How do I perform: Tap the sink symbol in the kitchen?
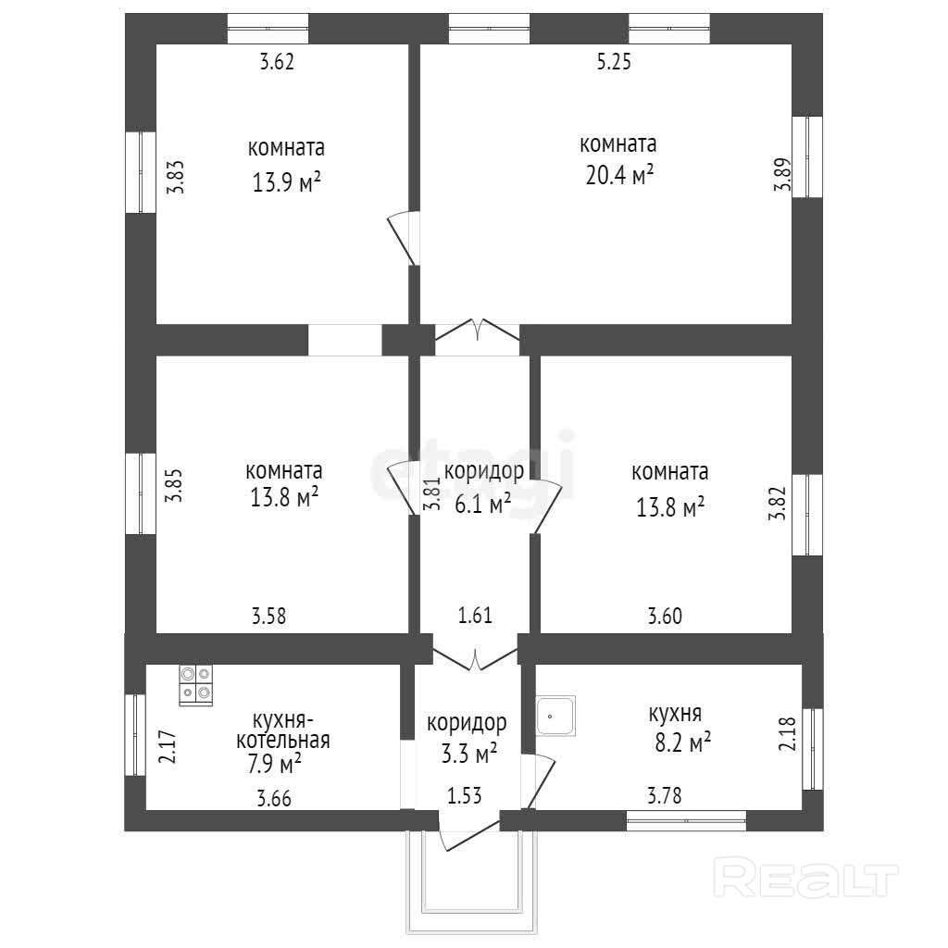click(555, 715)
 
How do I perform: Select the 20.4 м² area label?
click(619, 175)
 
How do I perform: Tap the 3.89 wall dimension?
click(782, 174)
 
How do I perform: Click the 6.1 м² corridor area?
click(482, 505)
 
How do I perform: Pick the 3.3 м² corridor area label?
click(468, 754)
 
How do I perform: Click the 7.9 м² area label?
click(269, 764)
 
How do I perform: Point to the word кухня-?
click(284, 719)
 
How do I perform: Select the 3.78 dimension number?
click(665, 793)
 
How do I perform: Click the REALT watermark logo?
click(808, 877)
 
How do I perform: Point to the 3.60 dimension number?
click(665, 615)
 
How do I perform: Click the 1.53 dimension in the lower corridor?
click(465, 794)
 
